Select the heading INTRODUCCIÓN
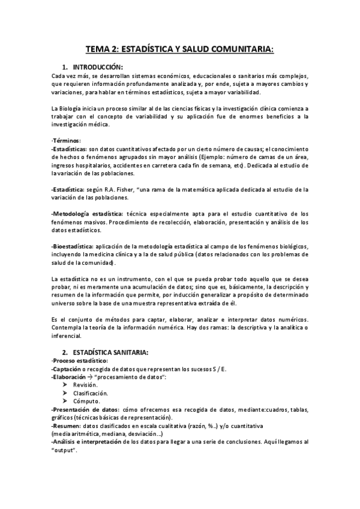pyautogui.click(x=98, y=67)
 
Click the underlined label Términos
pyautogui.click(x=65, y=140)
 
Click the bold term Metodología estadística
pyautogui.click(x=88, y=214)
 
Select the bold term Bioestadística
pyautogui.click(x=73, y=247)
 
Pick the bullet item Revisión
pyautogui.click(x=85, y=385)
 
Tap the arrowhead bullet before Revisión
pyautogui.click(x=65, y=385)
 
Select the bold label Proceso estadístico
pyautogui.click(x=80, y=360)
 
